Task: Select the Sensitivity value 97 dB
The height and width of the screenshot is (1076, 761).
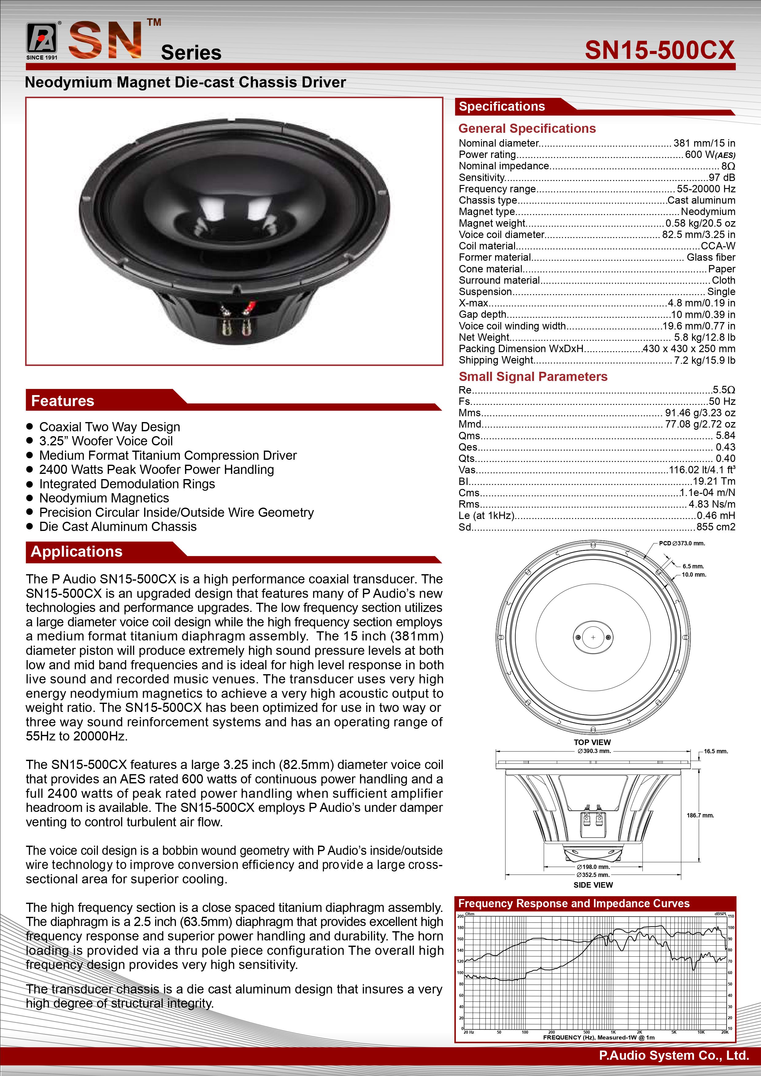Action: (722, 178)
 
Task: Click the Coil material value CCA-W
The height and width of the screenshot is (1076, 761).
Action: (718, 246)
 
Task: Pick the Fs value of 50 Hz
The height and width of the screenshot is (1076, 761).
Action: (722, 402)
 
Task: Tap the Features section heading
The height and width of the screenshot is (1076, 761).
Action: (63, 401)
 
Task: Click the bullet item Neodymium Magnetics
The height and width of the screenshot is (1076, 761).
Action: (104, 498)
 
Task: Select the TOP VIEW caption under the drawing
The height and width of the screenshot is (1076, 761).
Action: (592, 742)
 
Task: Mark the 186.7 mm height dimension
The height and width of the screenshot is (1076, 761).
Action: (700, 816)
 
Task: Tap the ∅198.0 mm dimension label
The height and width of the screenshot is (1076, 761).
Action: (593, 867)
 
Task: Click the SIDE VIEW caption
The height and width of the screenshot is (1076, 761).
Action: (593, 885)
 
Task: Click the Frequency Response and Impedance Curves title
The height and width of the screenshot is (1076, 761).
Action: (574, 904)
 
